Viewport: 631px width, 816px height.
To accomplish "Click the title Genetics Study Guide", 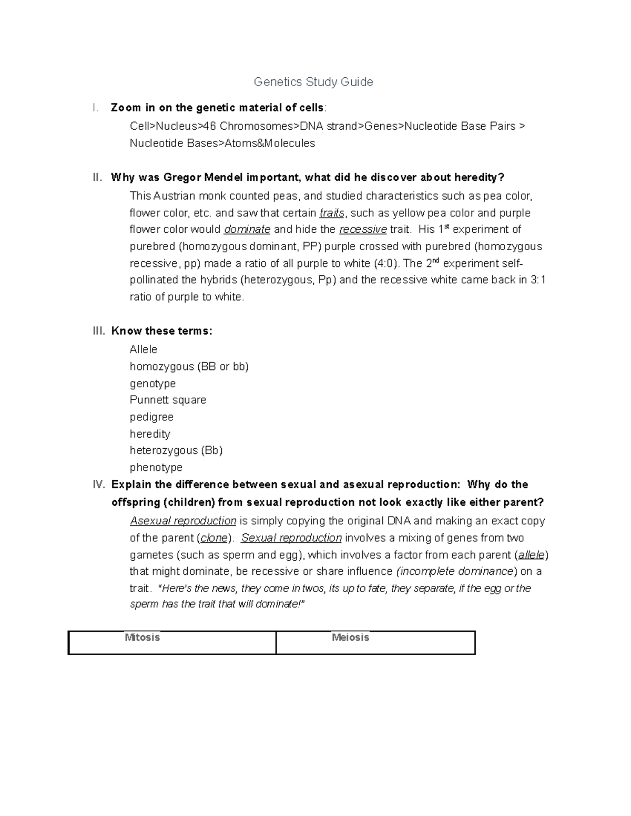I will [x=313, y=82].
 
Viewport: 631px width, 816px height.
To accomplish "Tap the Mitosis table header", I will [x=142, y=637].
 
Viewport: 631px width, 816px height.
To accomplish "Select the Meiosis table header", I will [x=350, y=637].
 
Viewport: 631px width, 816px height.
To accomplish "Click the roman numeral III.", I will [x=99, y=331].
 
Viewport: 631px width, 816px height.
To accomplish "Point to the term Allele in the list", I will [x=144, y=349].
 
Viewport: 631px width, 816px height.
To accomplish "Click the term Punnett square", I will [x=168, y=400].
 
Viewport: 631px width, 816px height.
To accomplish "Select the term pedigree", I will [x=151, y=417].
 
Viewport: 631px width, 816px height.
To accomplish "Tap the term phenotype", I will [x=156, y=467].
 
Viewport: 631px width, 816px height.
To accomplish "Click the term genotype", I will [x=152, y=383].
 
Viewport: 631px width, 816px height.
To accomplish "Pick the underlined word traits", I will [x=332, y=213].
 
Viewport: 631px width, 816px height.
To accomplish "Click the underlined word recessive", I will [x=363, y=230].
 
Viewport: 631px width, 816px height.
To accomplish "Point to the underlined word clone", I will [x=214, y=538].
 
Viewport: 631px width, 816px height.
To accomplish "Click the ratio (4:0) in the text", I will [x=386, y=263].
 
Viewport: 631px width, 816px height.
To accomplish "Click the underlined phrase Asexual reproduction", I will [x=183, y=521].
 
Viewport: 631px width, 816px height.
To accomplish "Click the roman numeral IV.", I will [x=99, y=484].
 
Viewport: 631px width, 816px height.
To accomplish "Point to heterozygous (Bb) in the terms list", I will [x=176, y=450].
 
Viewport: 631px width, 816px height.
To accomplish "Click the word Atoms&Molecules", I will [x=270, y=143].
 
